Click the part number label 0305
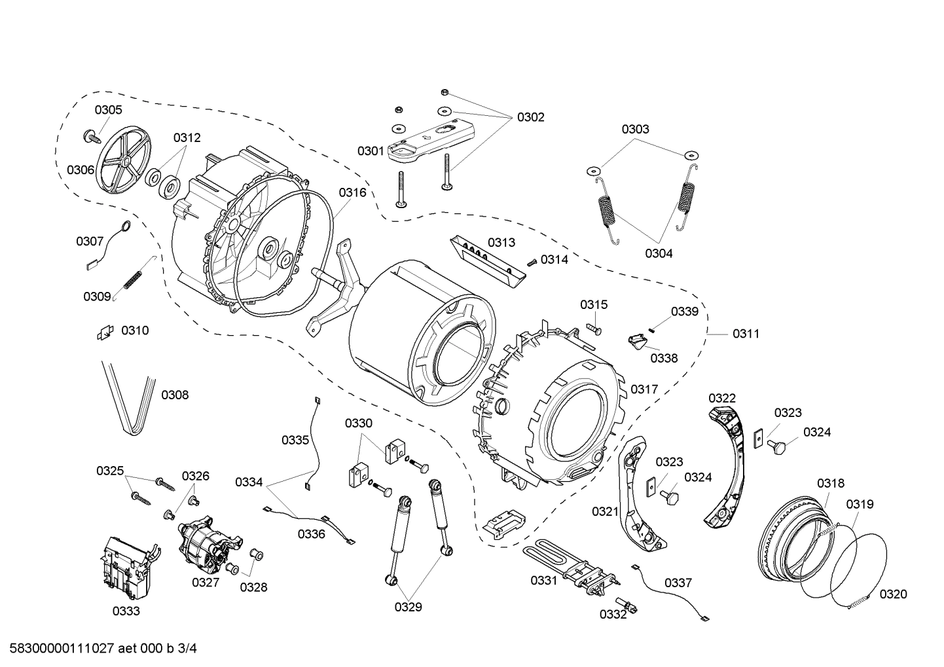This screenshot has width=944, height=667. (x=108, y=110)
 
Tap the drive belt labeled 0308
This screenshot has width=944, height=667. (x=131, y=399)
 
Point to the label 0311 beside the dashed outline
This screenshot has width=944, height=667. (x=746, y=334)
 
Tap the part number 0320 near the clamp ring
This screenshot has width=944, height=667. (x=893, y=594)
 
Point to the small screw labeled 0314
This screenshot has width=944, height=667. (x=532, y=261)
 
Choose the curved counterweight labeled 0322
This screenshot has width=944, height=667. (x=727, y=458)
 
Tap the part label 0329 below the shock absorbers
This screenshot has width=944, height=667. (x=408, y=607)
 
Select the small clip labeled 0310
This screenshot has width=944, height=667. (x=103, y=333)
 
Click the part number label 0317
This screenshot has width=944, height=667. (x=644, y=389)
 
